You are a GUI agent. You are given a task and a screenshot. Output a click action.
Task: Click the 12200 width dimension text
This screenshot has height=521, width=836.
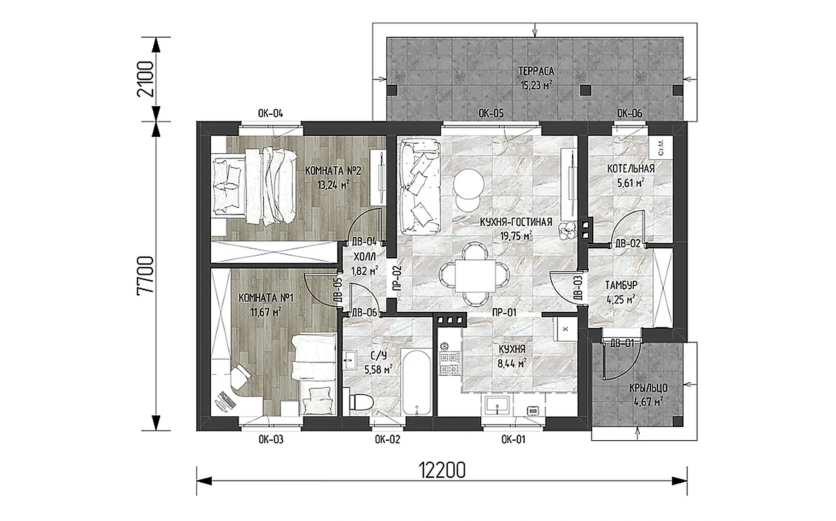(442, 470)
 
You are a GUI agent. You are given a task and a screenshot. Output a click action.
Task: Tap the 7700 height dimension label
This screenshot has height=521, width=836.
(145, 276)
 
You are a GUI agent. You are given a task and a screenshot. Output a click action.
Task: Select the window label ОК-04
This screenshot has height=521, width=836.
(271, 114)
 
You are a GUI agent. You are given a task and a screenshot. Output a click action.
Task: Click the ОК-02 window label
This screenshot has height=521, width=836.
(387, 439)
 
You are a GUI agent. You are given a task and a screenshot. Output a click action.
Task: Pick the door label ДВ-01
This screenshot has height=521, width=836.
(622, 343)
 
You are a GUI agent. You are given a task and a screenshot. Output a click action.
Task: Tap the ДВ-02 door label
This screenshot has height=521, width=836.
(628, 244)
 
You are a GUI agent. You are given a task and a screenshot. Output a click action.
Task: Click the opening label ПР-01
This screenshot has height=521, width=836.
(505, 312)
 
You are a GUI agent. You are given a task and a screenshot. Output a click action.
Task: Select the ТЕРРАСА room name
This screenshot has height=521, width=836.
(536, 71)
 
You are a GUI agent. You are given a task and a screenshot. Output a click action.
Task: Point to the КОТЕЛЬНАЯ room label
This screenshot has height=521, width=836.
(631, 168)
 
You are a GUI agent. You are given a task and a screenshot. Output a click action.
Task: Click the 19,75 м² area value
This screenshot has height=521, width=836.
(516, 236)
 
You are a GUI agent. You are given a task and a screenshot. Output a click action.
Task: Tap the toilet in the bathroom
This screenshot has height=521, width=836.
(358, 401)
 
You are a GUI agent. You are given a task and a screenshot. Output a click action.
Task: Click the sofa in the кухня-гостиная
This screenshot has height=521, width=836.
(420, 187)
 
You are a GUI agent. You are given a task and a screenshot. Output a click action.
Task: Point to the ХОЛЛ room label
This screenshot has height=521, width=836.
(364, 256)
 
